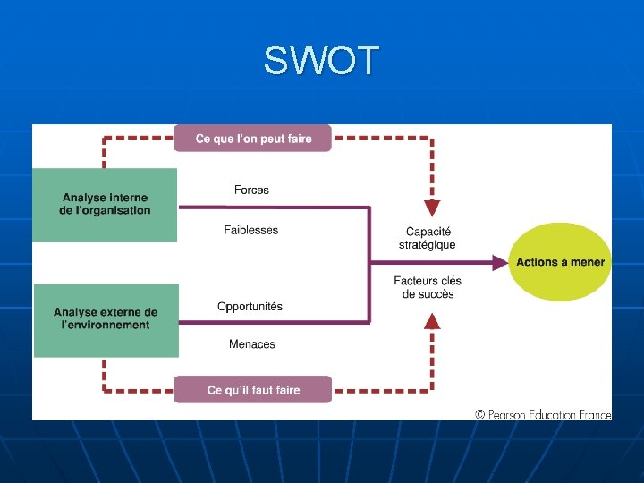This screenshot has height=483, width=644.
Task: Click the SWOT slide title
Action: click(321, 62)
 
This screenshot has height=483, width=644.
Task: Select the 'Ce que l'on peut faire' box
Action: click(253, 139)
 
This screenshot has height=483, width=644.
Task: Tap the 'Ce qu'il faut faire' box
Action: click(253, 390)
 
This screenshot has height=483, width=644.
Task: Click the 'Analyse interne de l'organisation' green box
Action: click(105, 205)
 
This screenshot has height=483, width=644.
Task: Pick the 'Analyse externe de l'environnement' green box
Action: click(106, 319)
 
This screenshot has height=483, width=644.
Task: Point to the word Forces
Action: click(251, 190)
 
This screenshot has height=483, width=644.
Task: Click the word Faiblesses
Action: click(251, 230)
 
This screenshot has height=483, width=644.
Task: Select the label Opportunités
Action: click(250, 306)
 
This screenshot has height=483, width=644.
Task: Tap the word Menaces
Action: click(252, 344)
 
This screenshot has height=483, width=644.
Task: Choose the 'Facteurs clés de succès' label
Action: click(428, 287)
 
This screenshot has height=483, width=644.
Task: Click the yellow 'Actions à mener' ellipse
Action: click(560, 262)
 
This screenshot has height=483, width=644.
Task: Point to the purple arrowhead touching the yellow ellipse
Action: click(498, 262)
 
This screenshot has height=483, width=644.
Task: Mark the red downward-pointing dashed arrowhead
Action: click(432, 208)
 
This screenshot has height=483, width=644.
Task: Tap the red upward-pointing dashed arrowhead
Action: click(432, 321)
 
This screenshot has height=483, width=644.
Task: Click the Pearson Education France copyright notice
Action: click(543, 414)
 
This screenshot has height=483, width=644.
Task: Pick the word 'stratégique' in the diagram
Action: click(428, 245)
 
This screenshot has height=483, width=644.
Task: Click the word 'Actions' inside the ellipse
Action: click(535, 262)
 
